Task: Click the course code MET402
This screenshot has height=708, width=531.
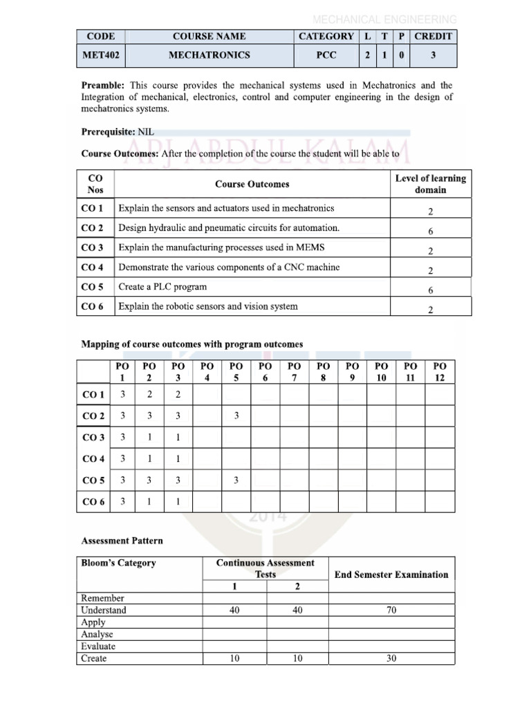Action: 97,55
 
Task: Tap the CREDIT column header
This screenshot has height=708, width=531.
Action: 433,37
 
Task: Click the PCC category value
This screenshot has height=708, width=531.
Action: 326,55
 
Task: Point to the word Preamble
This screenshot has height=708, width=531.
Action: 102,85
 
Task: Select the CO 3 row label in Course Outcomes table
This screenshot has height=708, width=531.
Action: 93,248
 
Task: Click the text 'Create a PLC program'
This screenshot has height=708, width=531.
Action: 162,287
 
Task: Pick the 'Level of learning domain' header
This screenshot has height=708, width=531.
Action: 430,184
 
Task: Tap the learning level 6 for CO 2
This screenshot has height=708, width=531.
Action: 430,232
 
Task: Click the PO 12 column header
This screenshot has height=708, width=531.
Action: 440,371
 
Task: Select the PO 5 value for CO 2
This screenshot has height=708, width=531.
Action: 236,416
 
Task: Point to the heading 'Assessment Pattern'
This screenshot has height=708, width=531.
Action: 122,541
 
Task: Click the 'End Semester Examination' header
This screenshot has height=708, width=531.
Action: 391,575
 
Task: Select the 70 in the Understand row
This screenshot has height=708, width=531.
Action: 391,611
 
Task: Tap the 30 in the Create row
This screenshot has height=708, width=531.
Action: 391,659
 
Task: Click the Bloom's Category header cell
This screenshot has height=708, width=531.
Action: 118,563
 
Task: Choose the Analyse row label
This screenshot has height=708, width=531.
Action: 97,635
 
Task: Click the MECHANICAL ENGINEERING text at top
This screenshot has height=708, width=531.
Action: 384,19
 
